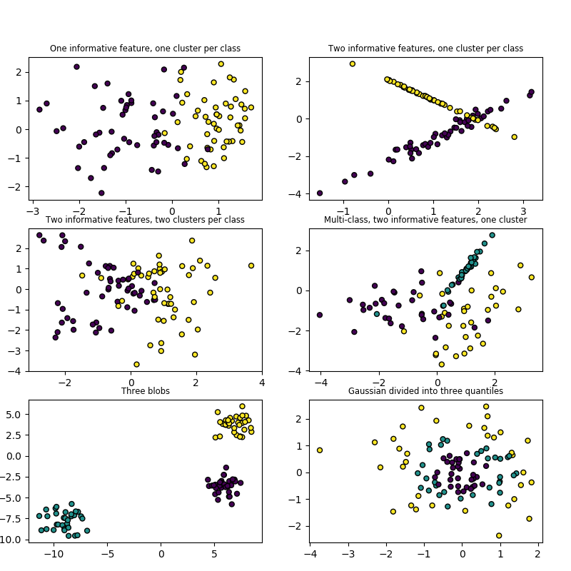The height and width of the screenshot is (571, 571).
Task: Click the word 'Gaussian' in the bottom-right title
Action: click(x=365, y=391)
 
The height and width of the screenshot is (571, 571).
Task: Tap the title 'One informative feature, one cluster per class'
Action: click(x=145, y=49)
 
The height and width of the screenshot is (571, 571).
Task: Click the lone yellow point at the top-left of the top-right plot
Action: click(x=352, y=64)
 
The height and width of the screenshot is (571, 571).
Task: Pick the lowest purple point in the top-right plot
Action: click(x=319, y=193)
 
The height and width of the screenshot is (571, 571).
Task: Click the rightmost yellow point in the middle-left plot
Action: click(x=251, y=266)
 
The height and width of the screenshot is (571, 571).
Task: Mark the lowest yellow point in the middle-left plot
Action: click(x=136, y=364)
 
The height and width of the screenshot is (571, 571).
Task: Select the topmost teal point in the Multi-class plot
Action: click(x=492, y=235)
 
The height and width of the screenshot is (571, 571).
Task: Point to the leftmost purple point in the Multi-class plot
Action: click(x=319, y=315)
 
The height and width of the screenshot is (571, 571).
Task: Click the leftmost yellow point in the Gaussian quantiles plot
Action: click(x=319, y=450)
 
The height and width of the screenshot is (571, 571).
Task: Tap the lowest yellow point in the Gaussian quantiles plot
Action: click(x=499, y=535)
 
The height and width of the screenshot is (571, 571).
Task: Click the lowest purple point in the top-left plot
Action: click(x=101, y=193)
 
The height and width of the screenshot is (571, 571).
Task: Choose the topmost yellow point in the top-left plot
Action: click(x=221, y=64)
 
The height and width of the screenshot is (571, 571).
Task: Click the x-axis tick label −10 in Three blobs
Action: click(x=52, y=553)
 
